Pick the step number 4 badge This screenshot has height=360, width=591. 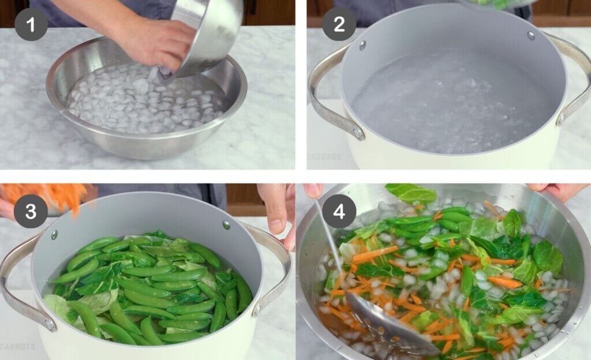pos(338,212)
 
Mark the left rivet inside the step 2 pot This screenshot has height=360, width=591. pos(362,44)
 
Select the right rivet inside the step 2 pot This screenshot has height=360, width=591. pos(530,35)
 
